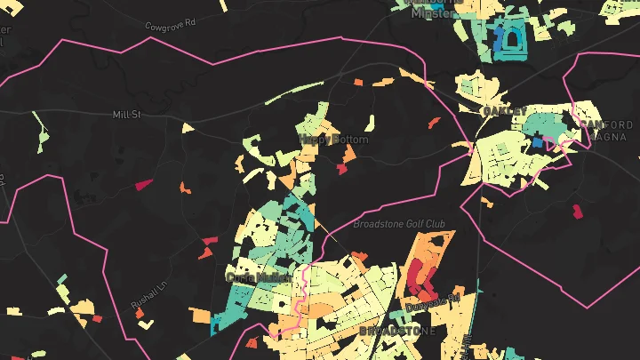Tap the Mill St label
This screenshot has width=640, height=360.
127,115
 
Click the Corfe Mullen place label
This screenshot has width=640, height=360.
254,276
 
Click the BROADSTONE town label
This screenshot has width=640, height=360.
397,331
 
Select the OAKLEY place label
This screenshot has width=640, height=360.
499,111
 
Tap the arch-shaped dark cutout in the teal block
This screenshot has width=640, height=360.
513,40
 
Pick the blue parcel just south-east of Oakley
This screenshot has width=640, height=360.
537,141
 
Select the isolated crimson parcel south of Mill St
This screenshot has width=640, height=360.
143,185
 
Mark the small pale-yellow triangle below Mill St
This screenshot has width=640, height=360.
188,128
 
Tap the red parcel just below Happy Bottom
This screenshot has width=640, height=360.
341,168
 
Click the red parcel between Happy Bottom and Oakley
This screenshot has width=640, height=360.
434,123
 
